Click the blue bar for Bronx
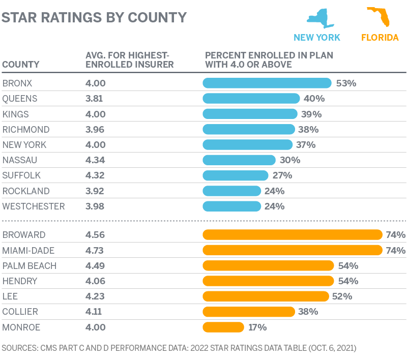click(267, 83)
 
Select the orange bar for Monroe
click(223, 327)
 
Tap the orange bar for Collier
click(248, 312)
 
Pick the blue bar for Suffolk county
click(235, 175)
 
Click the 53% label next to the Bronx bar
click(346, 83)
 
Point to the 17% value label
click(257, 327)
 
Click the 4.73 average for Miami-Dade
click(96, 250)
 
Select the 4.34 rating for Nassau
click(96, 160)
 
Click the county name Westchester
click(34, 206)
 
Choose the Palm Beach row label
click(30, 265)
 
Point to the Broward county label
click(24, 235)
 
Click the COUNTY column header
click(21, 65)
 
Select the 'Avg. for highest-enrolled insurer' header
click(129, 59)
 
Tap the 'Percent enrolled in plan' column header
click(269, 59)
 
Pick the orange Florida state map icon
click(379, 17)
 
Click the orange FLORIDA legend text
click(380, 37)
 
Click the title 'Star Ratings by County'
click(94, 17)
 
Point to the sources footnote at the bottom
click(179, 348)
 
